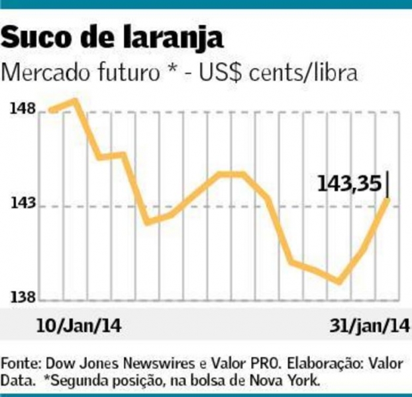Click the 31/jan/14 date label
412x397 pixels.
368,326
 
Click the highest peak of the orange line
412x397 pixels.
75,101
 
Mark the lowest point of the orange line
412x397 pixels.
340,281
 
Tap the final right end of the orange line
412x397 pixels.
386,198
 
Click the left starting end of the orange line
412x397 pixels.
52,110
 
